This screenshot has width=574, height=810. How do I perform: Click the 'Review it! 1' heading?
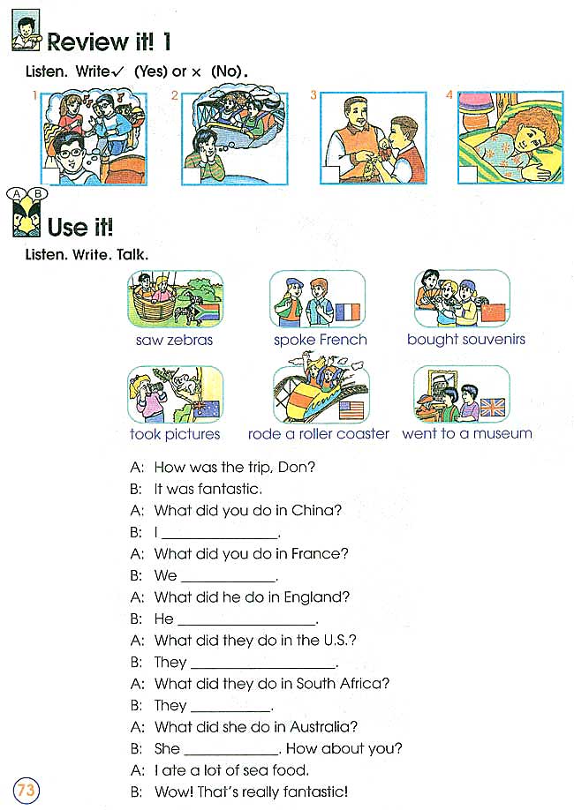[x=109, y=41]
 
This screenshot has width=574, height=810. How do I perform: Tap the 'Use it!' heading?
[x=80, y=227]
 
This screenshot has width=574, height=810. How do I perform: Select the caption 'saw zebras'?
[x=174, y=340]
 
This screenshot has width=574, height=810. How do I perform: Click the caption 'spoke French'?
[x=320, y=340]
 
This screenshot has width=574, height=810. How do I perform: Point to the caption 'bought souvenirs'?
[x=465, y=339]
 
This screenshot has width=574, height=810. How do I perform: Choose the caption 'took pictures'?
[x=175, y=434]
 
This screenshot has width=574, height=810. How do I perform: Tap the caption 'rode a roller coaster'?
[x=318, y=433]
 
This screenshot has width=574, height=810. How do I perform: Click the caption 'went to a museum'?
[x=466, y=433]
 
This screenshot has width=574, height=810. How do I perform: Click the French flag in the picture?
[x=349, y=312]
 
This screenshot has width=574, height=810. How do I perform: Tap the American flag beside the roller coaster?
[x=351, y=409]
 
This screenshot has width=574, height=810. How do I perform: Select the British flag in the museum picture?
[x=492, y=407]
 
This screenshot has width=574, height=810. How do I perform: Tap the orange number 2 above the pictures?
[x=175, y=95]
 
